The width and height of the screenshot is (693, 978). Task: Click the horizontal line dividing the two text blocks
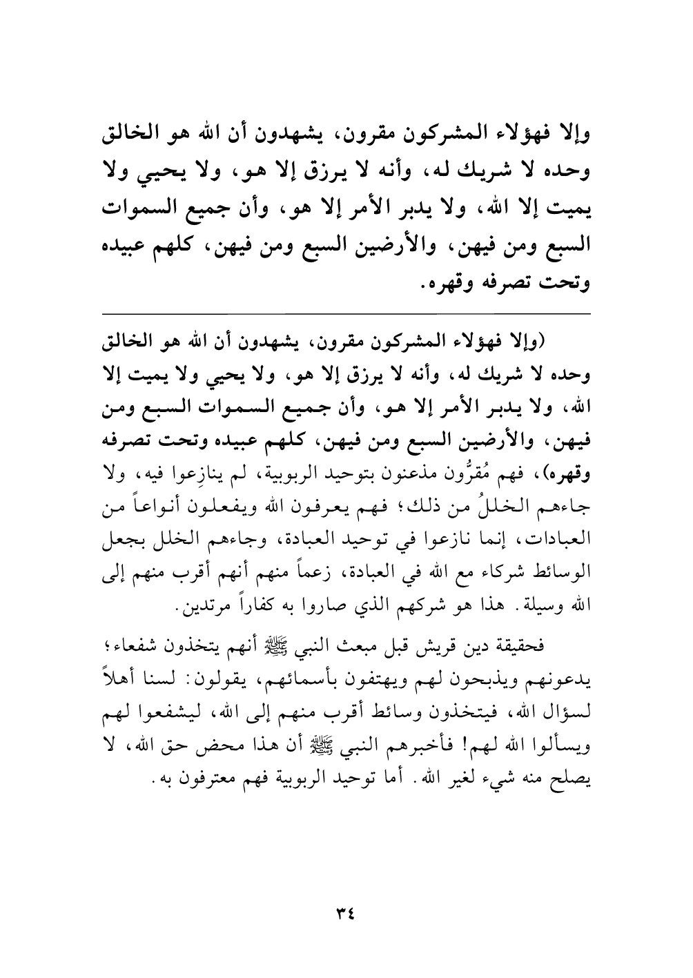pos(346,314)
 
